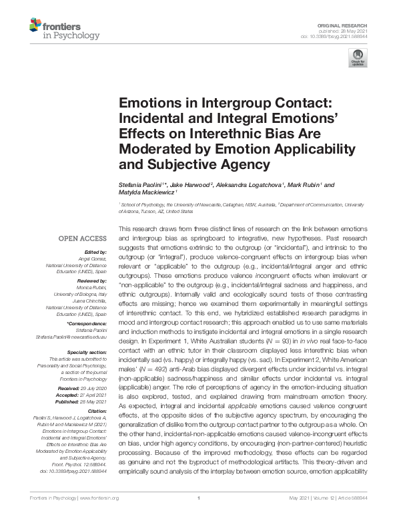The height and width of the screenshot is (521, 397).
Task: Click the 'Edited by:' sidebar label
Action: (x=95, y=254)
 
